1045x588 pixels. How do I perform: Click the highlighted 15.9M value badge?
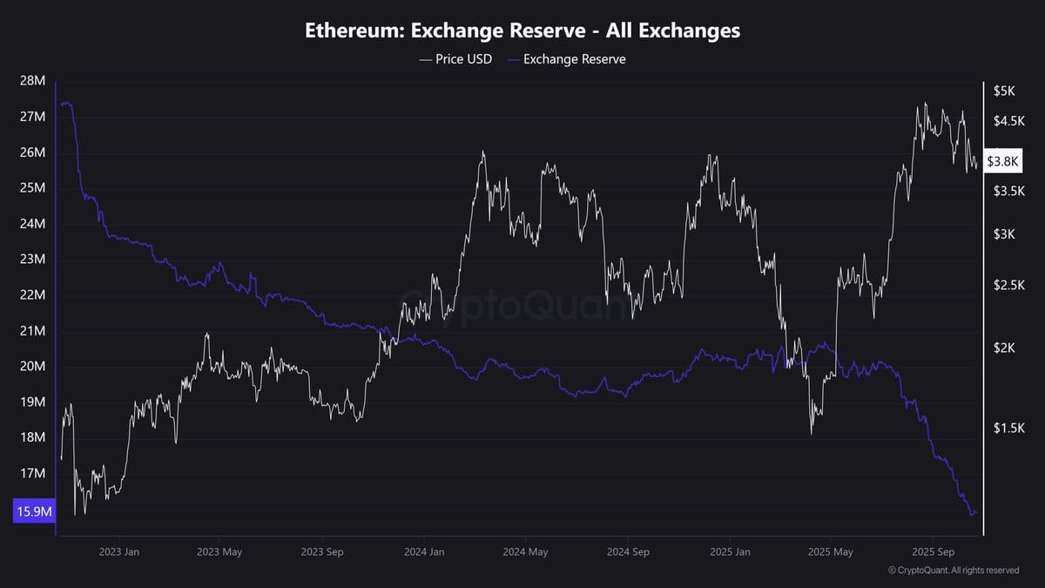point(34,512)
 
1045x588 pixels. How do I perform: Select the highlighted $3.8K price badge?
point(1002,161)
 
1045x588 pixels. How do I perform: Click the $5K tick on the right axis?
point(1004,91)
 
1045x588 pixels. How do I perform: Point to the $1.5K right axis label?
point(1009,428)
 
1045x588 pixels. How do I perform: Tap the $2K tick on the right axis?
point(1004,348)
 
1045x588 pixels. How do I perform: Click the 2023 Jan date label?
point(119,551)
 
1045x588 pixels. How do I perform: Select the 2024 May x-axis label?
point(525,551)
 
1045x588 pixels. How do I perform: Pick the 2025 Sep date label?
point(933,551)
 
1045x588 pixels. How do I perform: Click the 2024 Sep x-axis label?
point(628,551)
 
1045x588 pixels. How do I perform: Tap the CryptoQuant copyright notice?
point(954,571)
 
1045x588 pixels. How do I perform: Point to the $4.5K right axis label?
point(1009,121)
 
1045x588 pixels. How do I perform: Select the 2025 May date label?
point(831,551)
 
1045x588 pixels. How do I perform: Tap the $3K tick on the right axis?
point(1004,233)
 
